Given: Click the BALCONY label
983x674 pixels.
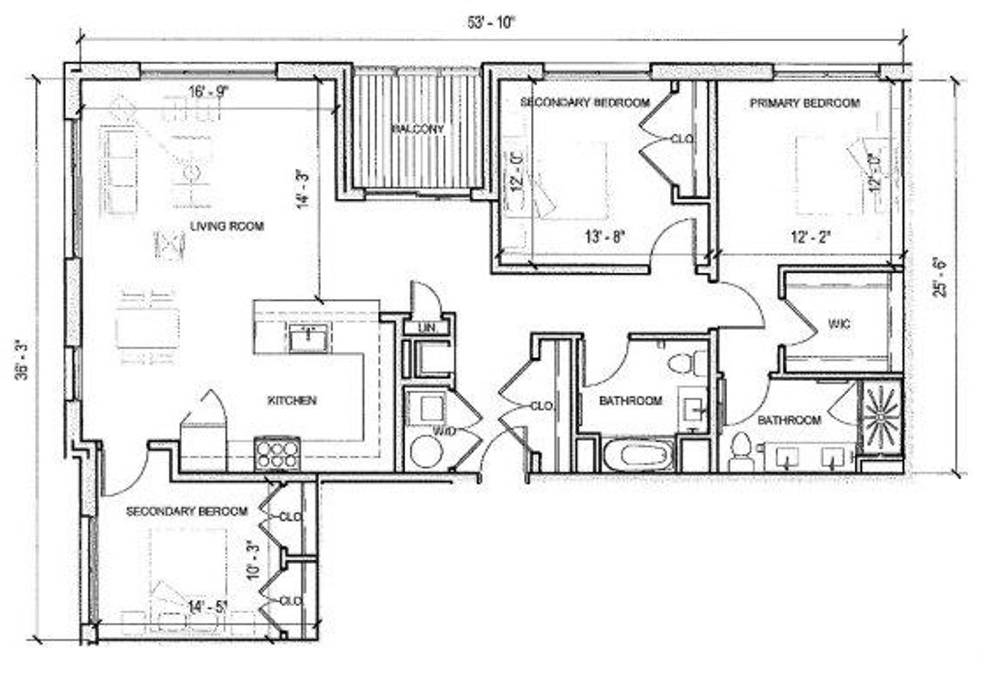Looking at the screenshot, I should coord(418,129).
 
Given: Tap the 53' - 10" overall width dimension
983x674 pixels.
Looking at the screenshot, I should coord(492,23).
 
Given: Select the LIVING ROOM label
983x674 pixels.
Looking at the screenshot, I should coord(227,226).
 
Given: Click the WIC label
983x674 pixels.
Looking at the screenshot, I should coord(839,325).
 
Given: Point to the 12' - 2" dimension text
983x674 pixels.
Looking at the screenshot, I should coord(811,237).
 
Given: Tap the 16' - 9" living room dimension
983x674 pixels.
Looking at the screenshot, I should coord(209,92).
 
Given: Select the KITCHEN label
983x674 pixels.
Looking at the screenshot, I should coord(291,401).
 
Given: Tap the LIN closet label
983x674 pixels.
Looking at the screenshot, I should coord(426,328).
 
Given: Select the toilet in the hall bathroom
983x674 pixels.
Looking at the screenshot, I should coord(682,363).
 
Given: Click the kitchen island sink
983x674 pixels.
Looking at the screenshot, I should coord(308,338).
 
